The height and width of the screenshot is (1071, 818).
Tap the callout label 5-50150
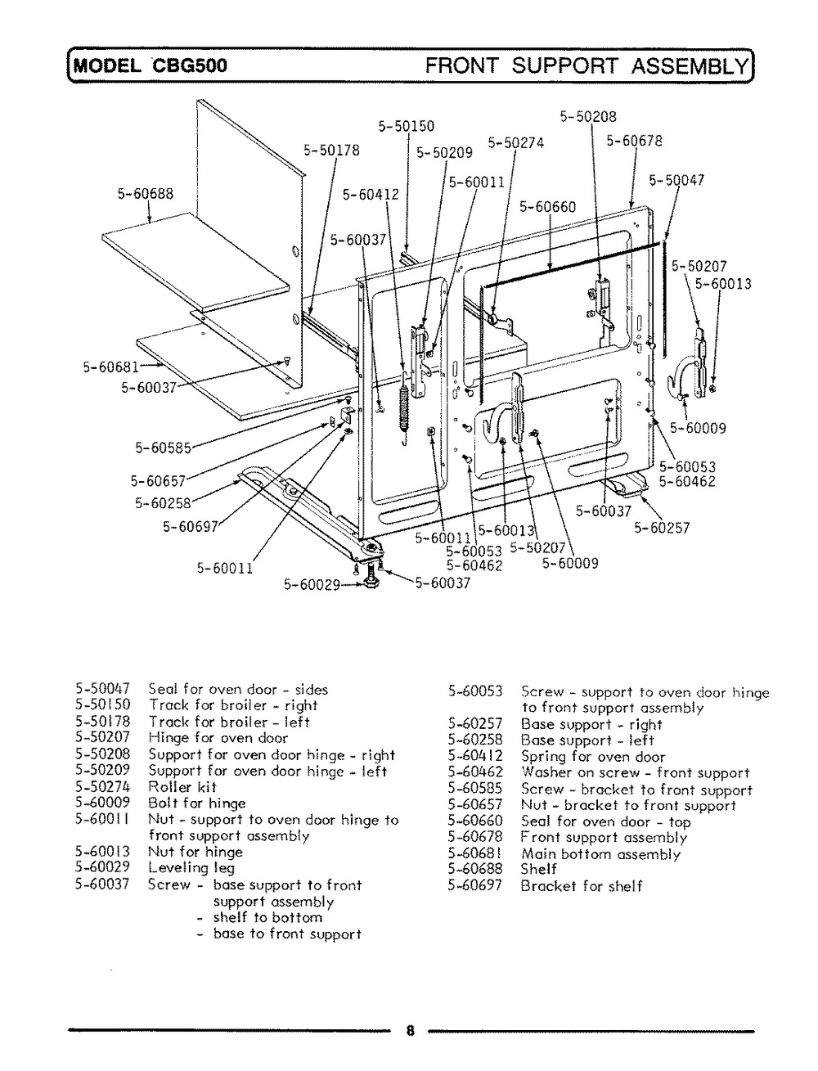point(407,126)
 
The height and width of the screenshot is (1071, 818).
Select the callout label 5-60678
point(634,141)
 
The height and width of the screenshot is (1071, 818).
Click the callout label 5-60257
point(662,528)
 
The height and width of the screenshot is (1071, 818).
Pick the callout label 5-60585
point(163,448)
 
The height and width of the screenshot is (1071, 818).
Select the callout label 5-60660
point(547,207)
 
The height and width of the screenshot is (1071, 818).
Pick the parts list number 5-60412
point(475,756)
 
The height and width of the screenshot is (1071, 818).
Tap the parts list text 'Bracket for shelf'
point(581,886)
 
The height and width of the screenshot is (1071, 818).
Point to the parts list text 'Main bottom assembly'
point(600,854)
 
